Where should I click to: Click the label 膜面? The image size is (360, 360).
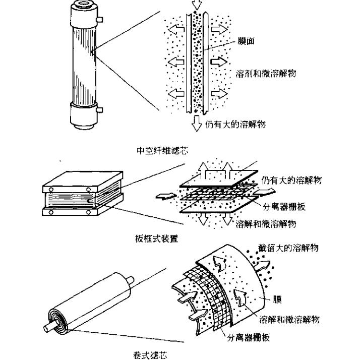coord(246,41)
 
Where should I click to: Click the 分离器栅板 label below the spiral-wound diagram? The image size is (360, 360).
coord(248,338)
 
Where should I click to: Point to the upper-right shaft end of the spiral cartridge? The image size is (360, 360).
coord(130,279)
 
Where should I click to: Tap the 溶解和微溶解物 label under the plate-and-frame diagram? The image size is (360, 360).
coord(266,223)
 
